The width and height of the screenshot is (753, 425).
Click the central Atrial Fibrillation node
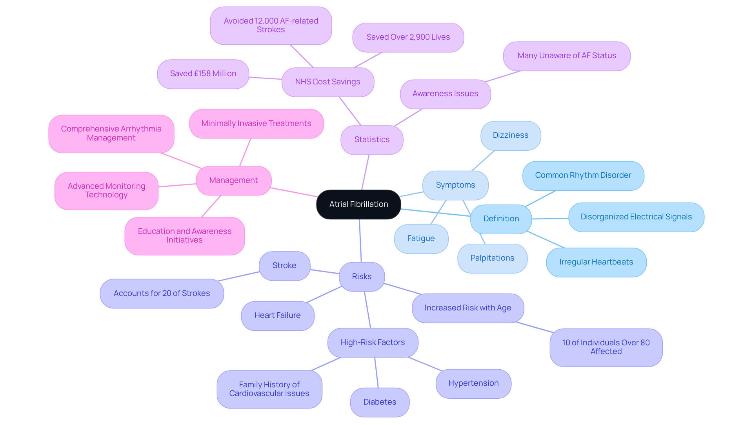(358, 204)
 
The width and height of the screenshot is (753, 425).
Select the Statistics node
(372, 140)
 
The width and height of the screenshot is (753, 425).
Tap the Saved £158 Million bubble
(203, 74)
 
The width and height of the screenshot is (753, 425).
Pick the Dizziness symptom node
(511, 135)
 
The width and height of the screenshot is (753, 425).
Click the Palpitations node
(492, 258)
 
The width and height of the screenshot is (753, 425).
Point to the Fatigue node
(421, 239)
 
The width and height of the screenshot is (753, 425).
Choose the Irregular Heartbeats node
(596, 262)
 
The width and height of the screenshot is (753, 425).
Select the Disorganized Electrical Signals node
(636, 217)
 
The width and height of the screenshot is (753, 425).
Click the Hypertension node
(473, 383)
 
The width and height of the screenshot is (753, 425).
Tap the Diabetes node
(380, 402)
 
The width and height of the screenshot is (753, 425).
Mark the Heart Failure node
(277, 316)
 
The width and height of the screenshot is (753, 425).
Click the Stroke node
(284, 266)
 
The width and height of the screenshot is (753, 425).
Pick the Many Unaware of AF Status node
(567, 56)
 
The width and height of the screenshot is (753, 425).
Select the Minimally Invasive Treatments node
(256, 124)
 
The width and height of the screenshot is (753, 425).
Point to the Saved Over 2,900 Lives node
(408, 37)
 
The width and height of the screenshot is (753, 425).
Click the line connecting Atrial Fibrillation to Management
(294, 192)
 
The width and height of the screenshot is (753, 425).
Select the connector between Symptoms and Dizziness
(483, 161)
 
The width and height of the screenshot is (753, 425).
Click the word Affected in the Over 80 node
(606, 352)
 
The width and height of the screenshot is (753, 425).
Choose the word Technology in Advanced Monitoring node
(106, 195)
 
